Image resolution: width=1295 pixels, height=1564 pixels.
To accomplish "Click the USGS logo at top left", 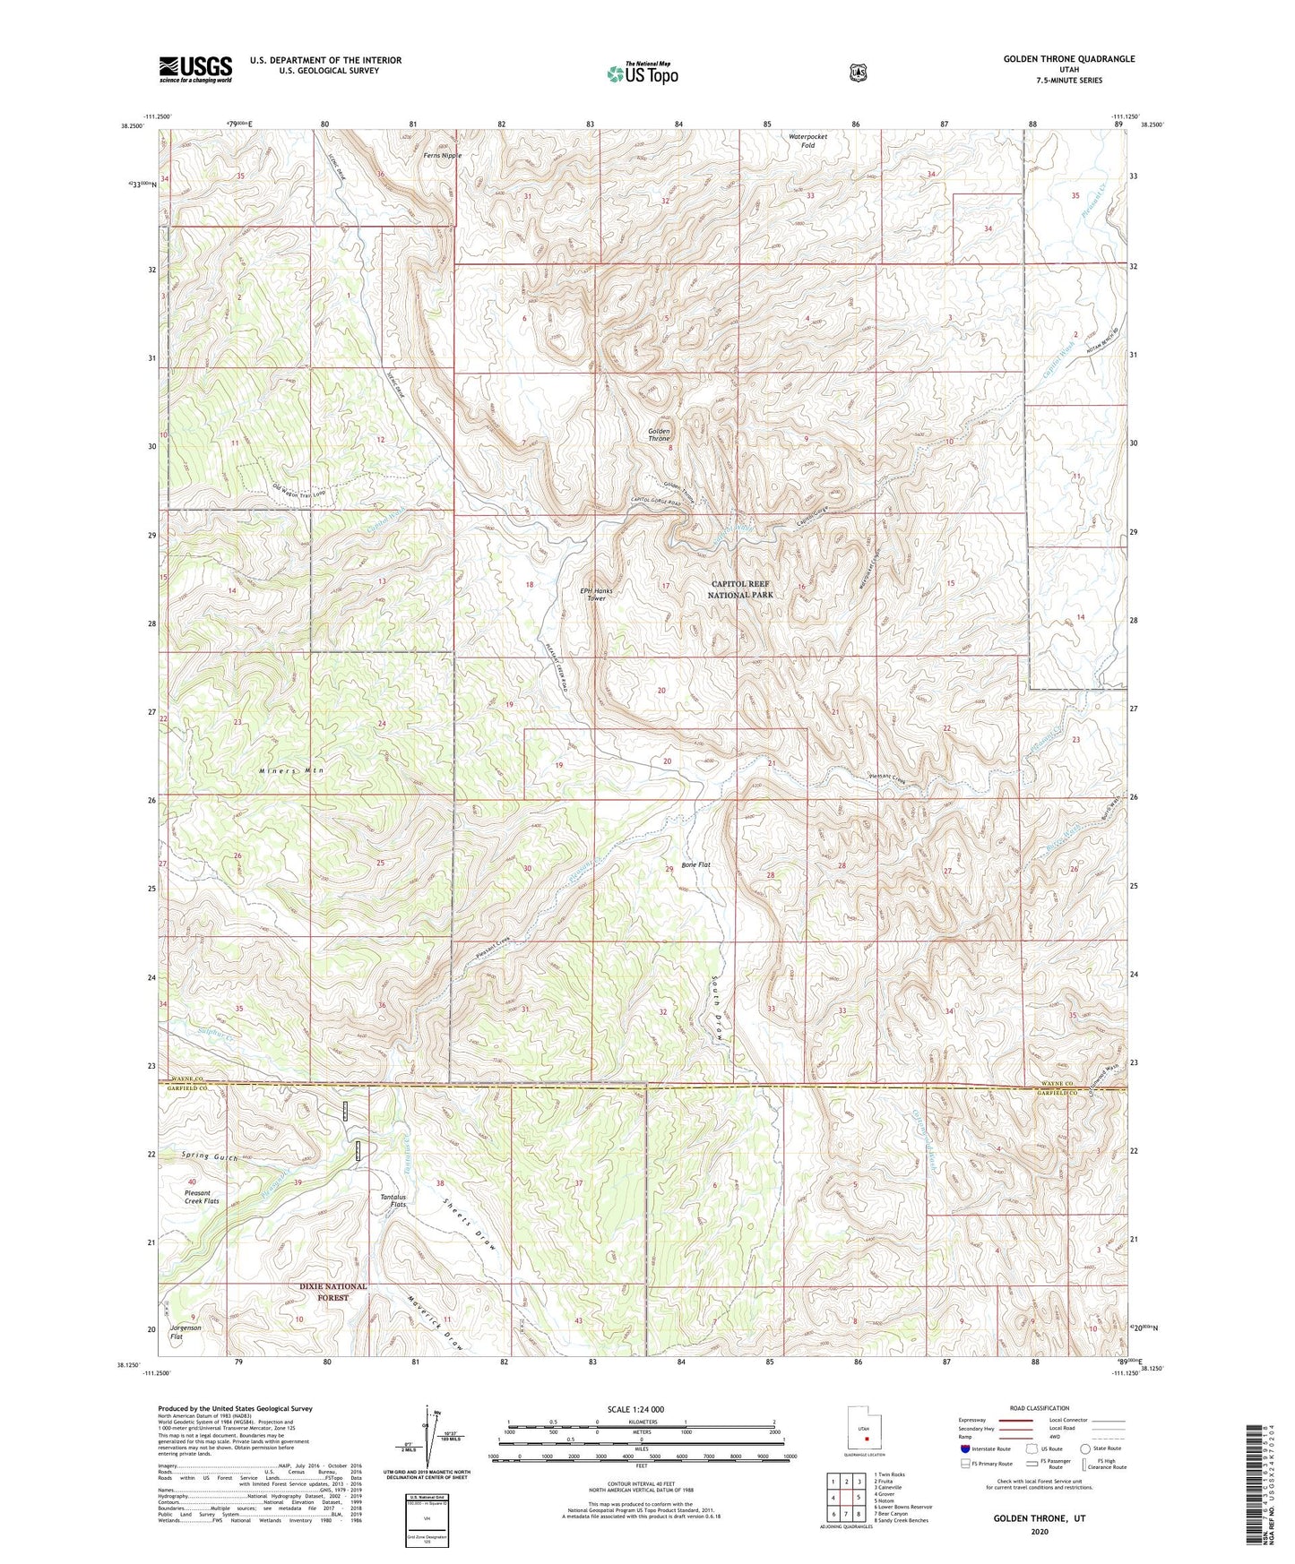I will point(195,69).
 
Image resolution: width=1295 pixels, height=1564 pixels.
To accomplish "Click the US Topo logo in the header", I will point(641,73).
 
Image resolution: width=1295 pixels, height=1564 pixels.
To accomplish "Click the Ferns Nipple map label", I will point(443,155).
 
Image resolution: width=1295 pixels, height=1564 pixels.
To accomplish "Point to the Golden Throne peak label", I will point(659,434).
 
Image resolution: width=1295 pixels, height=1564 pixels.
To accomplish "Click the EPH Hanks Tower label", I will point(596,594).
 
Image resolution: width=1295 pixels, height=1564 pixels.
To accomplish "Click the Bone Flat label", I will point(695,864).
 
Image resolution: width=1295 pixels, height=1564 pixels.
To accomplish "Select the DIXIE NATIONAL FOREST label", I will point(332,1292).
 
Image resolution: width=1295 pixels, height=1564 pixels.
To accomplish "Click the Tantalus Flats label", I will point(394,1200).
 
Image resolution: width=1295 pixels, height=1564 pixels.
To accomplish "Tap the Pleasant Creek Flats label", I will point(202,1197).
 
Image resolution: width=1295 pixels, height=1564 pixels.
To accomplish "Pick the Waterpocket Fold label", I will point(807,141).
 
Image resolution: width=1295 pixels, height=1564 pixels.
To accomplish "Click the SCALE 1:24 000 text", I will point(635,1409).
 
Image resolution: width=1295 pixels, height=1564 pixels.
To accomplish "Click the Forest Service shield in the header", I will point(859,72).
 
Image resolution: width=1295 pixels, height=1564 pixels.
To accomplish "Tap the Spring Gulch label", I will point(209,1156).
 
